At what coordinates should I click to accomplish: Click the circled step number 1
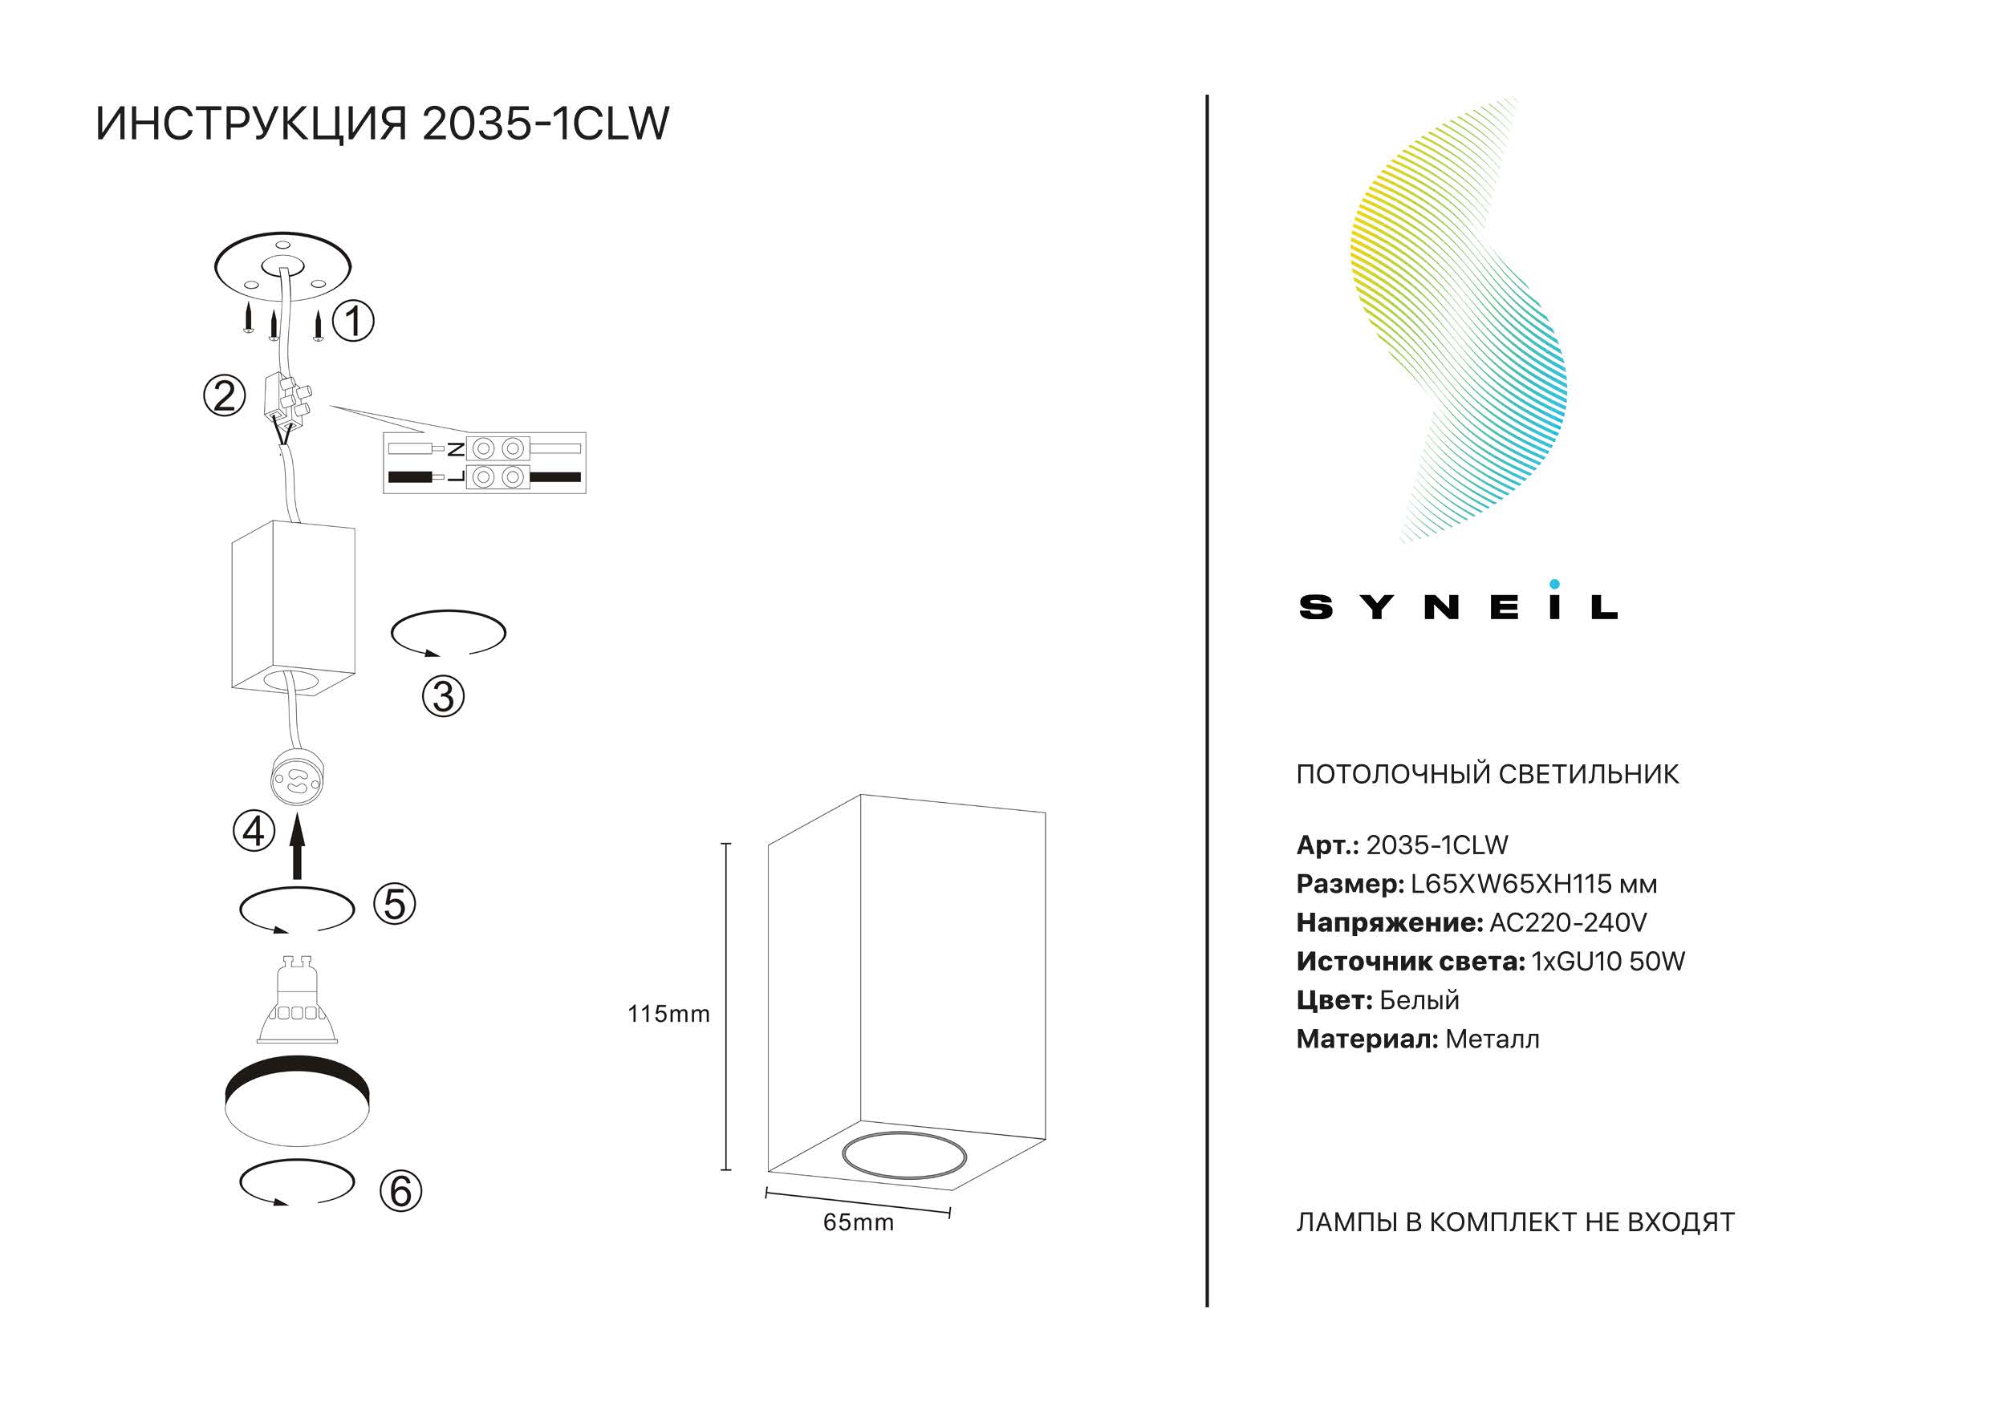point(353,322)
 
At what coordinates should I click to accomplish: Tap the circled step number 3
point(443,697)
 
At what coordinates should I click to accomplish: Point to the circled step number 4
point(254,832)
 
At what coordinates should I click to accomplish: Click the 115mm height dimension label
point(668,1014)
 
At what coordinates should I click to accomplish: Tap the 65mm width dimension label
point(858,1222)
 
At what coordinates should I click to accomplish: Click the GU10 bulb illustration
point(297,999)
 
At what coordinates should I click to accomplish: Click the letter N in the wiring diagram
point(455,449)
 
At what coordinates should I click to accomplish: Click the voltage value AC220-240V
point(1567,923)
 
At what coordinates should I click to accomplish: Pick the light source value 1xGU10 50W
point(1608,961)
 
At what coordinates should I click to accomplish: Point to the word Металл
point(1492,1039)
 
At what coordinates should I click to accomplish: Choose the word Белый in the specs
point(1419,1000)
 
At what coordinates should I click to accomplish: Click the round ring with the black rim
point(297,1079)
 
